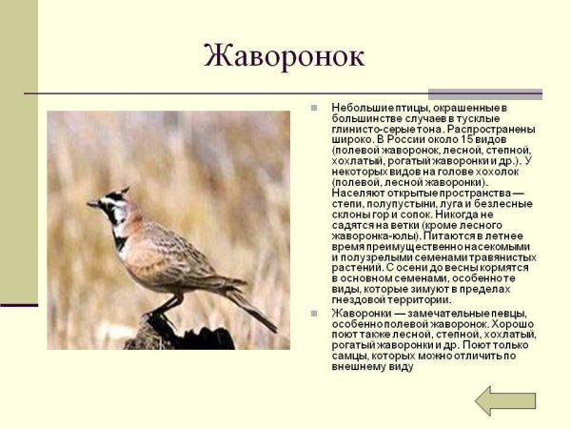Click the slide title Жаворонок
point(285,55)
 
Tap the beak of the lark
point(92,203)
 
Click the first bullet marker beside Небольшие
point(314,109)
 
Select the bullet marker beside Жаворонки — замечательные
point(314,314)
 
